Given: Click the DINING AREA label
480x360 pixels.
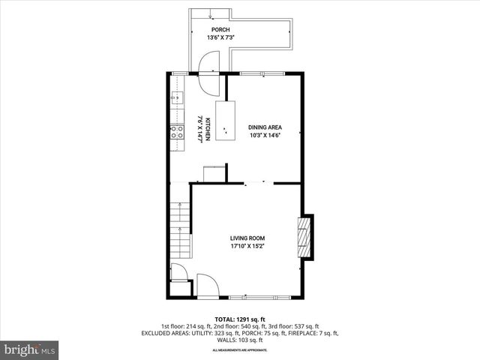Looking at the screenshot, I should pos(265,127).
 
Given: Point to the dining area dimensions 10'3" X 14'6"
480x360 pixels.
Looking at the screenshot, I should pos(265,136).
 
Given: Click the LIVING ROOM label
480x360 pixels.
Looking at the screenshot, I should pos(247,238).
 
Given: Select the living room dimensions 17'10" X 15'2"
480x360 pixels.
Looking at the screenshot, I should pos(247,246).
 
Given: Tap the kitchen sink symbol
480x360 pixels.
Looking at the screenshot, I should pos(177,97).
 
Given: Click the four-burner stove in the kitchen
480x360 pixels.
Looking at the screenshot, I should pos(178,132).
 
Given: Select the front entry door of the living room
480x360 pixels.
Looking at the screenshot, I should pos(207,284).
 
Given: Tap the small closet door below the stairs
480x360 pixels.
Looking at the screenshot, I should pos(179,272).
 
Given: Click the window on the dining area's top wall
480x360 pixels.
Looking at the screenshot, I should pos(262,73).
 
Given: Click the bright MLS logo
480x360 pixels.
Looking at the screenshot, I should pos(30,349).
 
